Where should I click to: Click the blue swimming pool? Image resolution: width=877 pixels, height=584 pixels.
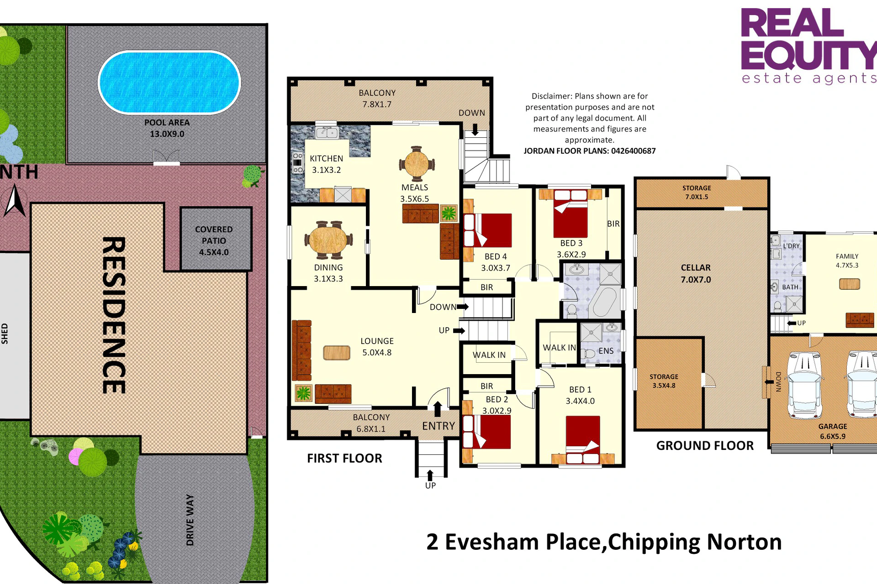169,82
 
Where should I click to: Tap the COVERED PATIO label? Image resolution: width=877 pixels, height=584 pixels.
214,240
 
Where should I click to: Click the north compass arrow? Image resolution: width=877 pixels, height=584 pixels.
15,200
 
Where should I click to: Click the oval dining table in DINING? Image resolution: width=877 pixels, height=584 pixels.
328,240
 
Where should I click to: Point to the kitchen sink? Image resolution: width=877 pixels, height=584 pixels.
327,133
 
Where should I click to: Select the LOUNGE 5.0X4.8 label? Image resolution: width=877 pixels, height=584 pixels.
377,347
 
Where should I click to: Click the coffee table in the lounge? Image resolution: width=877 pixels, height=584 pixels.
337,353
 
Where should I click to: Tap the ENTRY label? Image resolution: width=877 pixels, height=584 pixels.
438,426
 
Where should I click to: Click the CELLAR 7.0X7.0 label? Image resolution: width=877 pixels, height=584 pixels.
696,274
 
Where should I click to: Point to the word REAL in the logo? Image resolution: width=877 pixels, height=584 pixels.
792,23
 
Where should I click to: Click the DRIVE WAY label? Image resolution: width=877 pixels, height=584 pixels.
190,520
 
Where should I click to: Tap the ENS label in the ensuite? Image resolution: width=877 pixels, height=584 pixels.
606,351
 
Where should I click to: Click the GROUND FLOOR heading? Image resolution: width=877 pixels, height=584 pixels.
705,446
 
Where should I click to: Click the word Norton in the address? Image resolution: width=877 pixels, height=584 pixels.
744,542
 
